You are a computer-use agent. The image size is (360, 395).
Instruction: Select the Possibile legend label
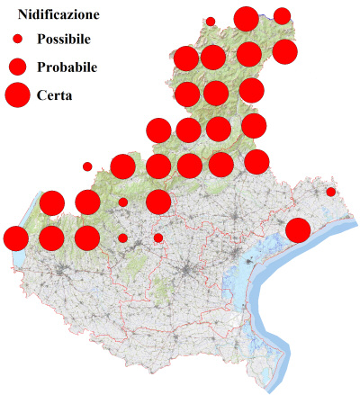pyautogui.click(x=70, y=40)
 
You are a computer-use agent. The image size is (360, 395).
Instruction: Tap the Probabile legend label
pyautogui.click(x=67, y=67)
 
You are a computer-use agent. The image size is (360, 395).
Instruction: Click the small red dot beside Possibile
pyautogui.click(x=17, y=40)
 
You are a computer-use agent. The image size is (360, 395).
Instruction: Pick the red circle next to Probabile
pyautogui.click(x=17, y=67)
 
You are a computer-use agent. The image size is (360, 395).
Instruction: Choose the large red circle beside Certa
pyautogui.click(x=17, y=94)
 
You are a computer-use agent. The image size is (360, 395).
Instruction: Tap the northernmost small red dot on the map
pyautogui.click(x=211, y=21)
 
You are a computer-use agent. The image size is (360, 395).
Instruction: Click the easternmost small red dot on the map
pyautogui.click(x=331, y=192)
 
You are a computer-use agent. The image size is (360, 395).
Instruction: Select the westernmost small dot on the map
pyautogui.click(x=87, y=166)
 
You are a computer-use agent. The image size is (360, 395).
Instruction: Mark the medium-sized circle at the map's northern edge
pyautogui.click(x=282, y=15)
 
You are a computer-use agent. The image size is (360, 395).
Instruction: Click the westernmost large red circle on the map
pyautogui.click(x=15, y=238)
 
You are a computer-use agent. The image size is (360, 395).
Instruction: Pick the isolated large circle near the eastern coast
pyautogui.click(x=298, y=230)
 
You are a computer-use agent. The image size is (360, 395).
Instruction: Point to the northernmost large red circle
pyautogui.click(x=246, y=18)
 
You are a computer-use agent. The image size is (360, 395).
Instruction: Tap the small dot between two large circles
pyautogui.click(x=122, y=202)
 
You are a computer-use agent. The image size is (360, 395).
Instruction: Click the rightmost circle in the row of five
pyautogui.click(x=256, y=161)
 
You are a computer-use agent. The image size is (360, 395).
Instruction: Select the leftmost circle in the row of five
pyautogui.click(x=122, y=166)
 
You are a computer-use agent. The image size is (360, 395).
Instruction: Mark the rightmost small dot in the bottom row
pyautogui.click(x=158, y=238)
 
